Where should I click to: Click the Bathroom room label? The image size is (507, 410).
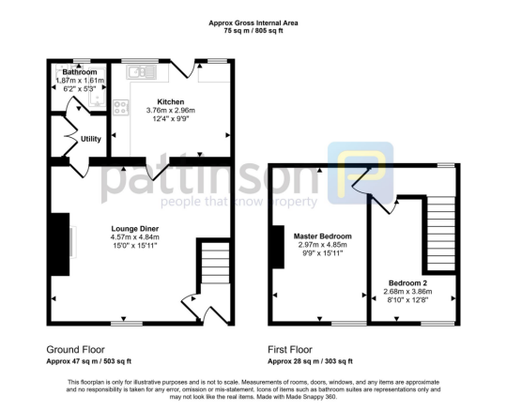[80, 72]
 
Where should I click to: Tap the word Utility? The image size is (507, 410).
[91, 139]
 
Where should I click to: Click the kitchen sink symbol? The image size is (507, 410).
[140, 71]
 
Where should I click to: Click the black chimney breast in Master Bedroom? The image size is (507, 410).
[277, 247]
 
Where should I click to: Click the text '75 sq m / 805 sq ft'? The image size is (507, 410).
[253, 30]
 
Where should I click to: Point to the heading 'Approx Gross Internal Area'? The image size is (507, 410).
[253, 21]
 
